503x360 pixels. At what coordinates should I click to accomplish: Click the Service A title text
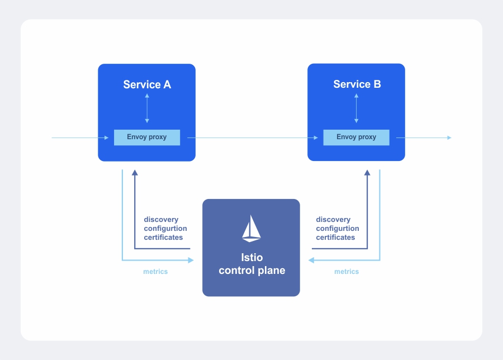click(x=147, y=85)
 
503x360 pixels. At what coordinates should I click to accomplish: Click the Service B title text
click(x=357, y=84)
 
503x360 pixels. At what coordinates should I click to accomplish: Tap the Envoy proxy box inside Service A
click(x=147, y=137)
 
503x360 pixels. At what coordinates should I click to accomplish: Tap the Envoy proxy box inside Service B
click(x=356, y=137)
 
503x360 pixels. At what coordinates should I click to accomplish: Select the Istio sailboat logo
click(x=251, y=228)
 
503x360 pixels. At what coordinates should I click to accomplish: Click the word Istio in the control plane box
click(x=251, y=258)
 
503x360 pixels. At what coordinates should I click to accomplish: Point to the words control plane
click(x=251, y=271)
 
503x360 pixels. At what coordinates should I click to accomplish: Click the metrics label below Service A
click(x=155, y=272)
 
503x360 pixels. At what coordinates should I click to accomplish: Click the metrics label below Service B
click(x=347, y=272)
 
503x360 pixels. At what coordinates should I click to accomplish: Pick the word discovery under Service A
click(x=161, y=220)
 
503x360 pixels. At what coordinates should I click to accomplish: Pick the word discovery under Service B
click(x=333, y=220)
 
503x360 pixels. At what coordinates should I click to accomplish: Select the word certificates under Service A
click(x=163, y=238)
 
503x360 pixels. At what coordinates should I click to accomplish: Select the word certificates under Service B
click(x=335, y=238)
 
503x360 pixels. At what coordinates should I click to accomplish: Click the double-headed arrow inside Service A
click(x=147, y=108)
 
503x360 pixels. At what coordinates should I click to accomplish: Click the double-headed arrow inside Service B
click(x=356, y=108)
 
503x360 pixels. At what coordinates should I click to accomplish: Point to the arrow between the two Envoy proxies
click(x=251, y=138)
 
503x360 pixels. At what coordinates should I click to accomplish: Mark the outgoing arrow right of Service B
click(x=425, y=138)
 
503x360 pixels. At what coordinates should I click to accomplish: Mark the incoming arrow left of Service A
click(x=78, y=138)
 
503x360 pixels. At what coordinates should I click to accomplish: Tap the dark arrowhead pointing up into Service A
click(x=135, y=173)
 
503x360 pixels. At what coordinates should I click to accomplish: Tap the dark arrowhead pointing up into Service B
click(x=367, y=173)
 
